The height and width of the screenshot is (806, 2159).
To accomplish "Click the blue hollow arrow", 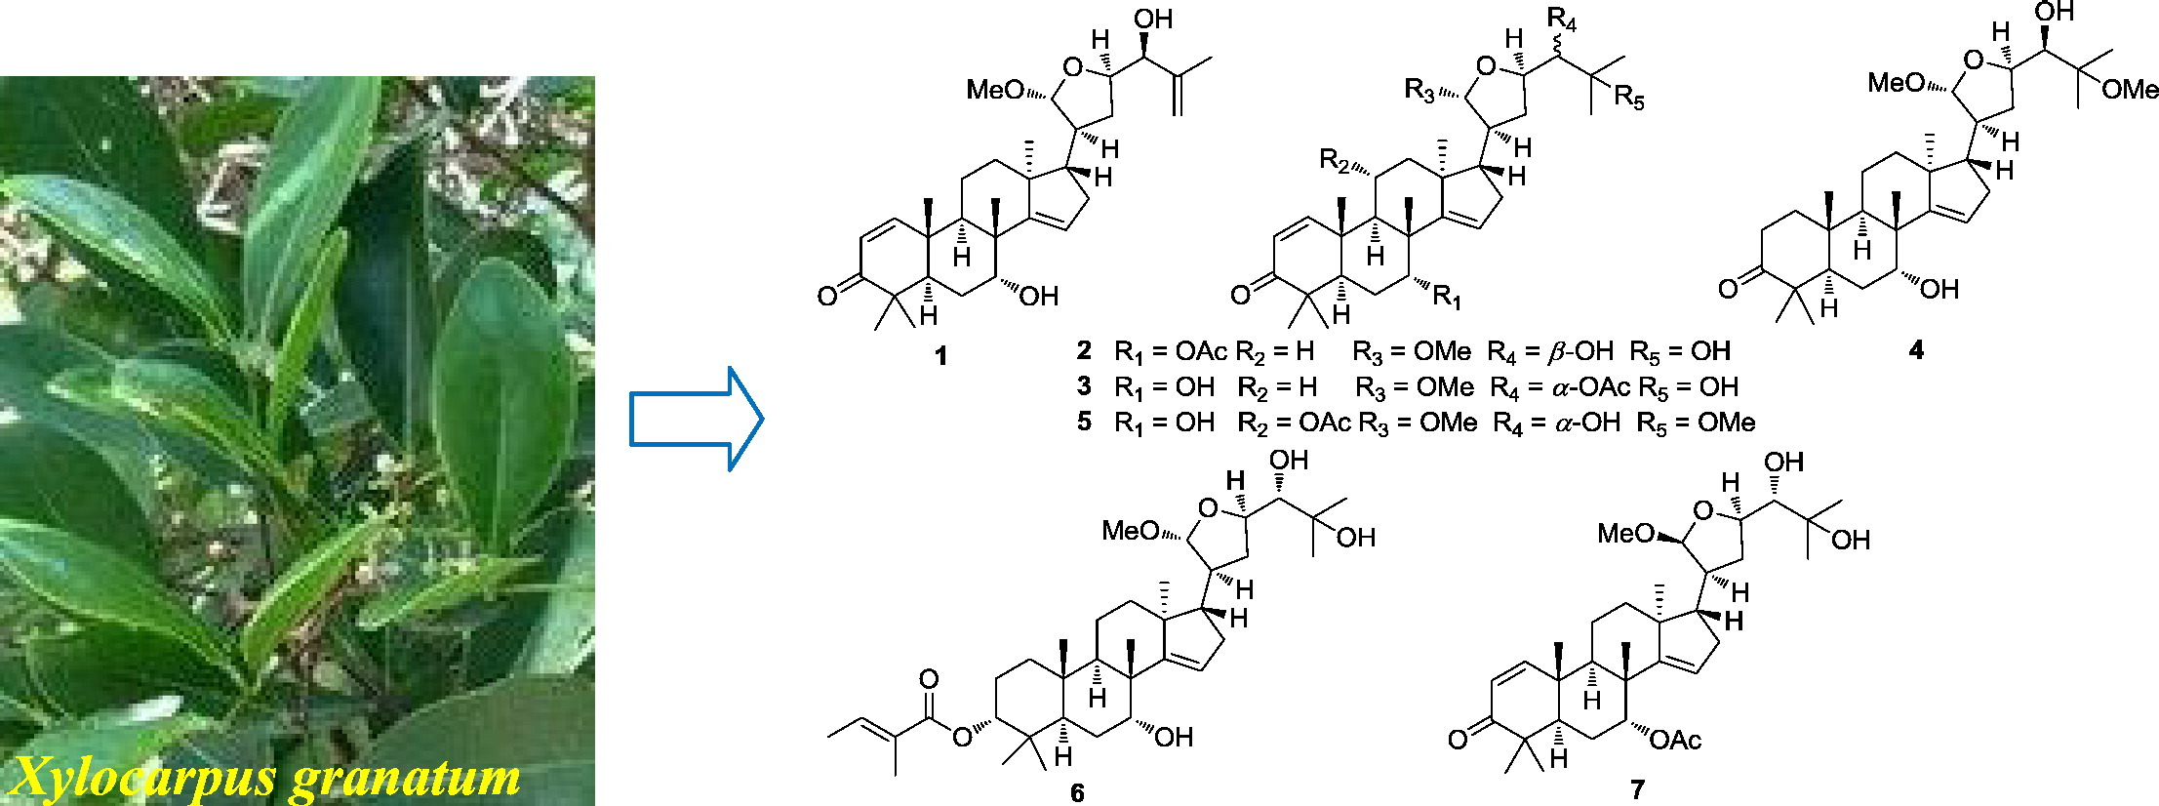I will click(x=696, y=419).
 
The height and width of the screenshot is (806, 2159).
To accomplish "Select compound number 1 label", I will click(x=940, y=357).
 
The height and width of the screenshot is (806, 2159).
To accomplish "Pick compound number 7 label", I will click(x=1637, y=788).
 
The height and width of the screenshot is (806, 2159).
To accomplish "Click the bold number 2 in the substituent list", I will click(x=1084, y=350).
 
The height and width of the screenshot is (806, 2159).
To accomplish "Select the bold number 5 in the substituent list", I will click(x=1084, y=423).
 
